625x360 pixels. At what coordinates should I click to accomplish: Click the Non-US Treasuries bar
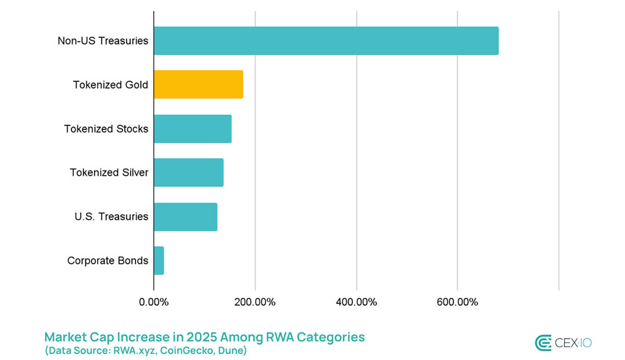[326, 41]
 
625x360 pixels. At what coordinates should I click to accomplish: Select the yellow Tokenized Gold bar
[198, 85]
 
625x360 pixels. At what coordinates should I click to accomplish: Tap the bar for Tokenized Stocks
[192, 129]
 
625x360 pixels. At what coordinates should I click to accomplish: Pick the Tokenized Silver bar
[189, 173]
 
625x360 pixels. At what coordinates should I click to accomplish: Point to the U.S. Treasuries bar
[186, 217]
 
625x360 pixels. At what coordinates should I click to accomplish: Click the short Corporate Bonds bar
[159, 261]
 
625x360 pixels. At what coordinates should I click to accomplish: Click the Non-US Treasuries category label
[103, 41]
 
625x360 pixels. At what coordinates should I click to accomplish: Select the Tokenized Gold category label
[110, 85]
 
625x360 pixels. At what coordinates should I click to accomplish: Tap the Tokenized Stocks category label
[106, 129]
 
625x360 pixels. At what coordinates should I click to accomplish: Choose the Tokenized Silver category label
[109, 173]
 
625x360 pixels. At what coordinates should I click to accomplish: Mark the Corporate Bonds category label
[107, 261]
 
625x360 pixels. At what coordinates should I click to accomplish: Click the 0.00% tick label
[154, 301]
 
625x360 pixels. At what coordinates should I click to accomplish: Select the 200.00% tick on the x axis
[255, 301]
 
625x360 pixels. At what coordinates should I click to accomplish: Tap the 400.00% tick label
[356, 301]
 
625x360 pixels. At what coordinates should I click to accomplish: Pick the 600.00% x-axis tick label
[458, 301]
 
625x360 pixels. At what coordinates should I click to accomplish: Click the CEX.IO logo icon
[543, 343]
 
